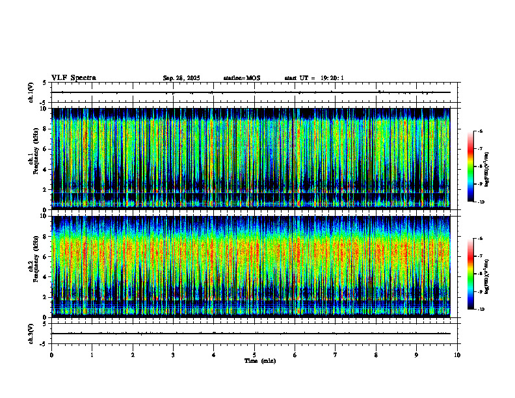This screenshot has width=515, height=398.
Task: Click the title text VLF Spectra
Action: pos(73,78)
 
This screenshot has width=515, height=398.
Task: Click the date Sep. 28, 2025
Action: pos(181,78)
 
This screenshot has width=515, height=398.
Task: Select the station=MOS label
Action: pos(241,78)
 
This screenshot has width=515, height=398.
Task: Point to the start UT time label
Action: pos(314,78)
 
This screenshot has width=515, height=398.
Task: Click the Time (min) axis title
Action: pos(259,361)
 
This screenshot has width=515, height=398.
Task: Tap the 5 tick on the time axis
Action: pos(255,355)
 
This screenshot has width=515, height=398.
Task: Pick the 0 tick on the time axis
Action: pos(51,355)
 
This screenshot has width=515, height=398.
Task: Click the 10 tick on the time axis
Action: pos(458,355)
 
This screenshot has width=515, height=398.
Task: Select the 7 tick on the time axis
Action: pos(336,355)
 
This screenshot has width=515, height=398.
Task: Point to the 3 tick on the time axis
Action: pos(174,355)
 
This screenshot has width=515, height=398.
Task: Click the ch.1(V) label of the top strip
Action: pos(31,92)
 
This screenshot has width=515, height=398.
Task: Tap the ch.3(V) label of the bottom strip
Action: pos(31,333)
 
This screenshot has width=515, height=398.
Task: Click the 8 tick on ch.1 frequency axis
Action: pos(45,129)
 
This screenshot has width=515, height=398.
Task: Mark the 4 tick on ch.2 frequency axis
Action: pos(45,276)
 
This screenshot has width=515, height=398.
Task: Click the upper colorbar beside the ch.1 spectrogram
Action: pos(471,166)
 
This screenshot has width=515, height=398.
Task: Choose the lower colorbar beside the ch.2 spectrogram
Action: pos(471,274)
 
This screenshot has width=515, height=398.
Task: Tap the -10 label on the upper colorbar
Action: pos(481,202)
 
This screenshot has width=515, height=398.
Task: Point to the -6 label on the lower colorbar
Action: pos(481,239)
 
